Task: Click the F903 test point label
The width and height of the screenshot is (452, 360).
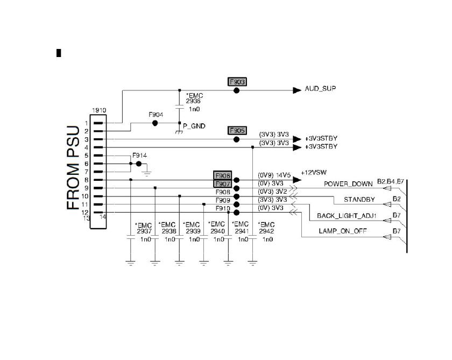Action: (237, 82)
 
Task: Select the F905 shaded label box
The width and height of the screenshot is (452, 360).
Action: (237, 131)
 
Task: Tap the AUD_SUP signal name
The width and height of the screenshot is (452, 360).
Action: (320, 89)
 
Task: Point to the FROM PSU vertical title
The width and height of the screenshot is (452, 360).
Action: (74, 168)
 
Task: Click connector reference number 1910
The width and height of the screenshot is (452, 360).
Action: (98, 110)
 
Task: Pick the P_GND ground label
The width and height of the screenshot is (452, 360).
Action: (194, 126)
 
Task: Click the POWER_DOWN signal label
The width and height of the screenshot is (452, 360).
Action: (348, 184)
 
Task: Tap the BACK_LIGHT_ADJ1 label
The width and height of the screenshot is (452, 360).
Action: (347, 216)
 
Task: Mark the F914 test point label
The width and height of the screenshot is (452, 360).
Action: (139, 156)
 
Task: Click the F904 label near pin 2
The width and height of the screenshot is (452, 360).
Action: (156, 115)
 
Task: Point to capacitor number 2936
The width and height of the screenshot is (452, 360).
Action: (193, 101)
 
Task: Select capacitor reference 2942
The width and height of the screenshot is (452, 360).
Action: (266, 231)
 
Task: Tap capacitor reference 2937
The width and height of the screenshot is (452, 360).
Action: (144, 231)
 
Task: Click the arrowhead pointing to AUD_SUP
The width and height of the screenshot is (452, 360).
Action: (296, 90)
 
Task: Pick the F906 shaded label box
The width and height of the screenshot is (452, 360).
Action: (222, 176)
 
